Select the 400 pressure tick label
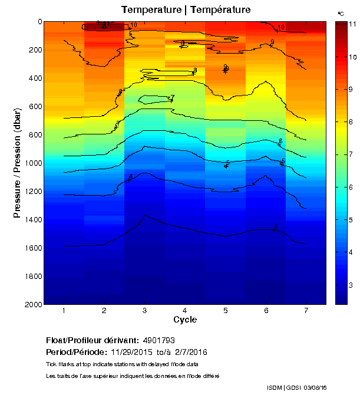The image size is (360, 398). pos(34,78)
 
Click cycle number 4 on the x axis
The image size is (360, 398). pos(185,311)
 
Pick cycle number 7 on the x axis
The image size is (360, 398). pos(306,311)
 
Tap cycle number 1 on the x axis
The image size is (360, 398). pos(64,311)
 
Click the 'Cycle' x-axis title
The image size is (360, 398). pos(185,320)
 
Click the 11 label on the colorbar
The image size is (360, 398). pos(352,24)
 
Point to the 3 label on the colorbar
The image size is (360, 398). pos(351,285)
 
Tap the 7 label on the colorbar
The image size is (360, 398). pos(351,154)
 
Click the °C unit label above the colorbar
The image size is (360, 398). pos(341,13)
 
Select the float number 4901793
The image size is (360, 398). pos(158,341)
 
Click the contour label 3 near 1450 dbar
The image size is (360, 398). pos(276,227)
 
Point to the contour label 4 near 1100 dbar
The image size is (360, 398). pos(131,177)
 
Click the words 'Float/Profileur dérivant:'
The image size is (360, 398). pos(92,341)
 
